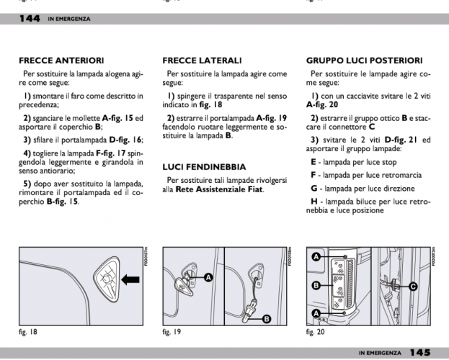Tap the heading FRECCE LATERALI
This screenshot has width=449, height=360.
(x=202, y=60)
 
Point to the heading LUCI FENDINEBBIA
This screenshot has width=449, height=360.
(x=205, y=166)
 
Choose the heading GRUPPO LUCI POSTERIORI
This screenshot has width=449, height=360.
(x=364, y=60)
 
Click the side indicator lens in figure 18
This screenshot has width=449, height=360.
(x=105, y=276)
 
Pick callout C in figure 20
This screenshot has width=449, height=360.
(x=412, y=286)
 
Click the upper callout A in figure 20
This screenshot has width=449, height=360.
(x=316, y=257)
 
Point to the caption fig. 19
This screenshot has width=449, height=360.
(x=173, y=333)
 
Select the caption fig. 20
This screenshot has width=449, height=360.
(x=316, y=333)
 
